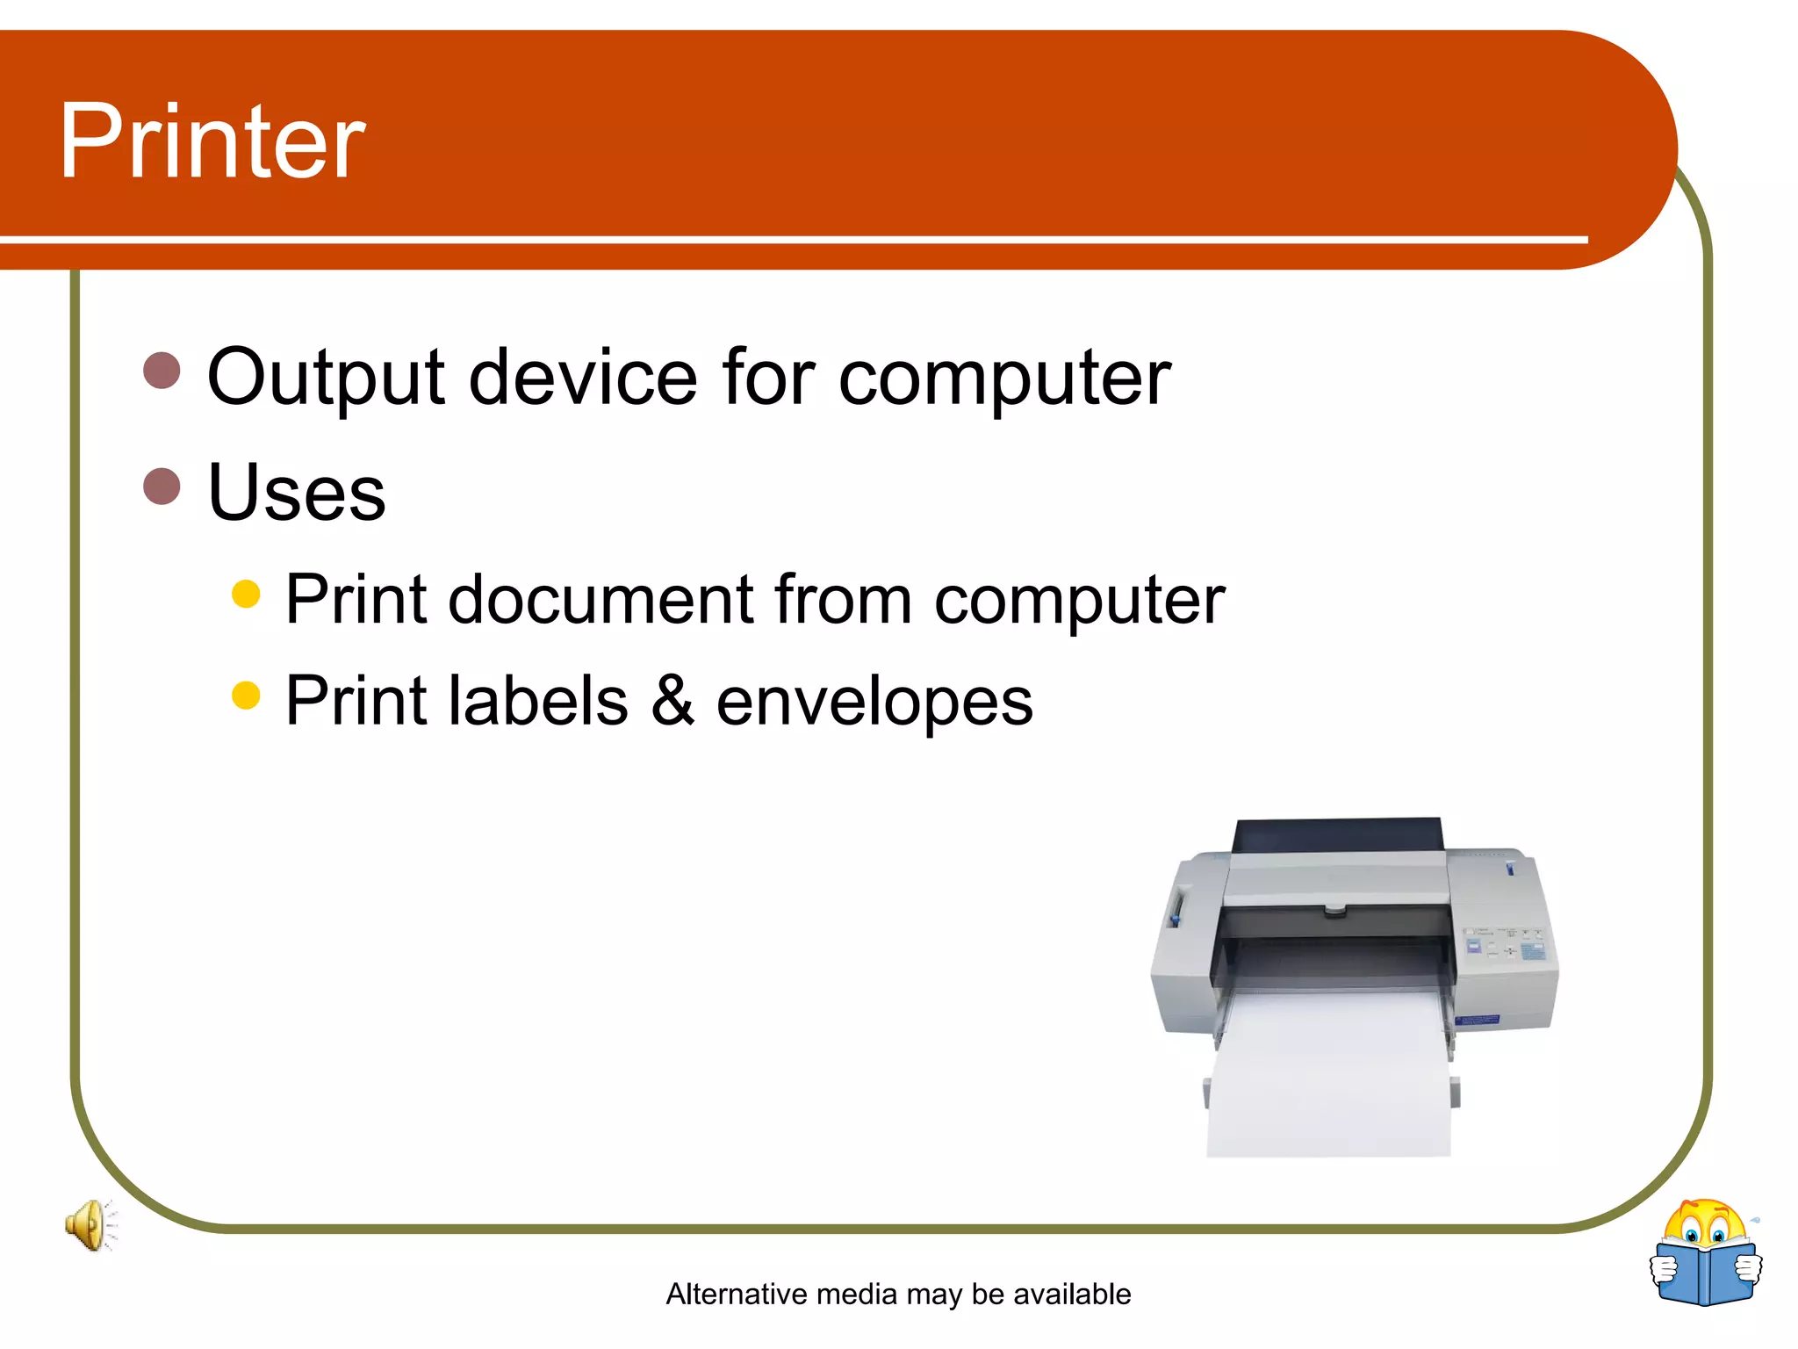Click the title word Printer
click(x=212, y=141)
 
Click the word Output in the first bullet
click(x=326, y=378)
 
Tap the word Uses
click(x=296, y=493)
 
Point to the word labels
click(x=538, y=701)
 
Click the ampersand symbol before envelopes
click(x=672, y=701)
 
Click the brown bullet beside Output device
click(x=162, y=371)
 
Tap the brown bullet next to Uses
click(x=162, y=486)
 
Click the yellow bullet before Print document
click(x=246, y=594)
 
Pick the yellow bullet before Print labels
click(x=246, y=696)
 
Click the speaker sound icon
click(x=90, y=1224)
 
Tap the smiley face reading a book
click(x=1705, y=1253)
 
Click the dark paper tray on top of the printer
click(x=1337, y=835)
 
